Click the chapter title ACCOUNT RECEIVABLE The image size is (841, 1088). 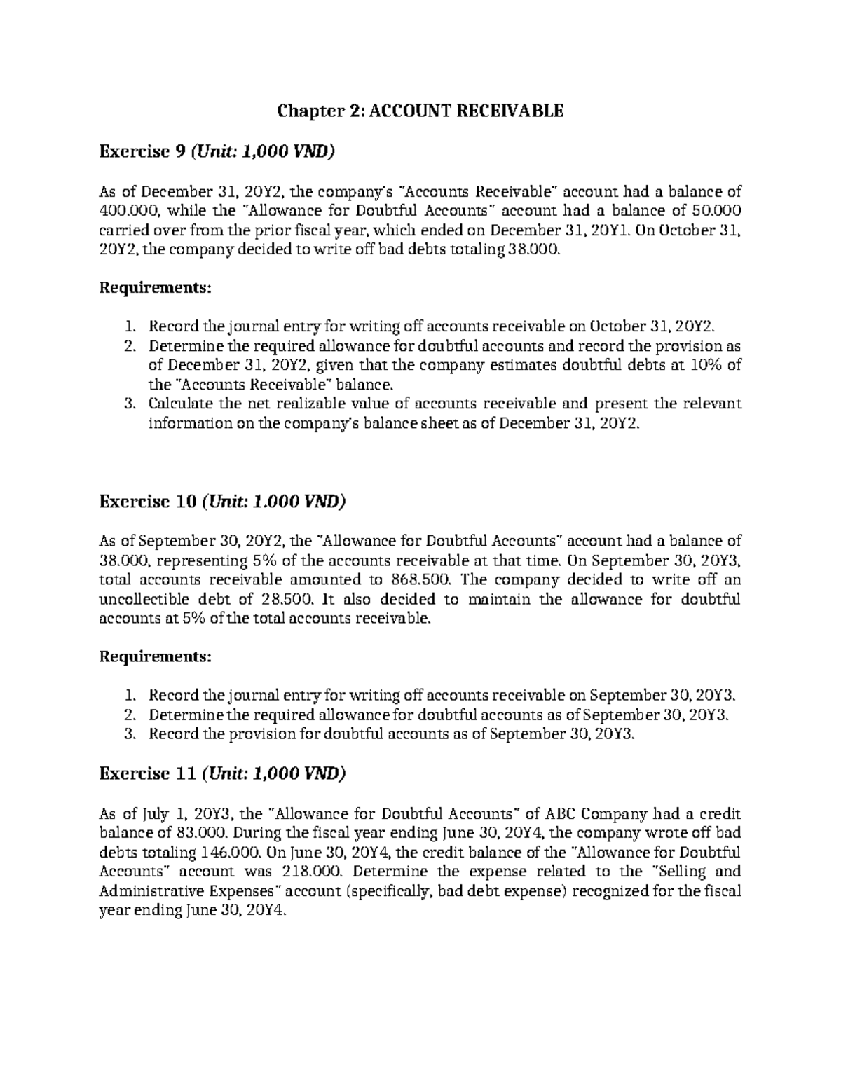coord(420,111)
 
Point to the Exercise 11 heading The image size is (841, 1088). coord(222,773)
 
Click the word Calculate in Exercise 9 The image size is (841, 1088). coord(180,404)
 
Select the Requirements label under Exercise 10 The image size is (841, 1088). coord(155,657)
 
